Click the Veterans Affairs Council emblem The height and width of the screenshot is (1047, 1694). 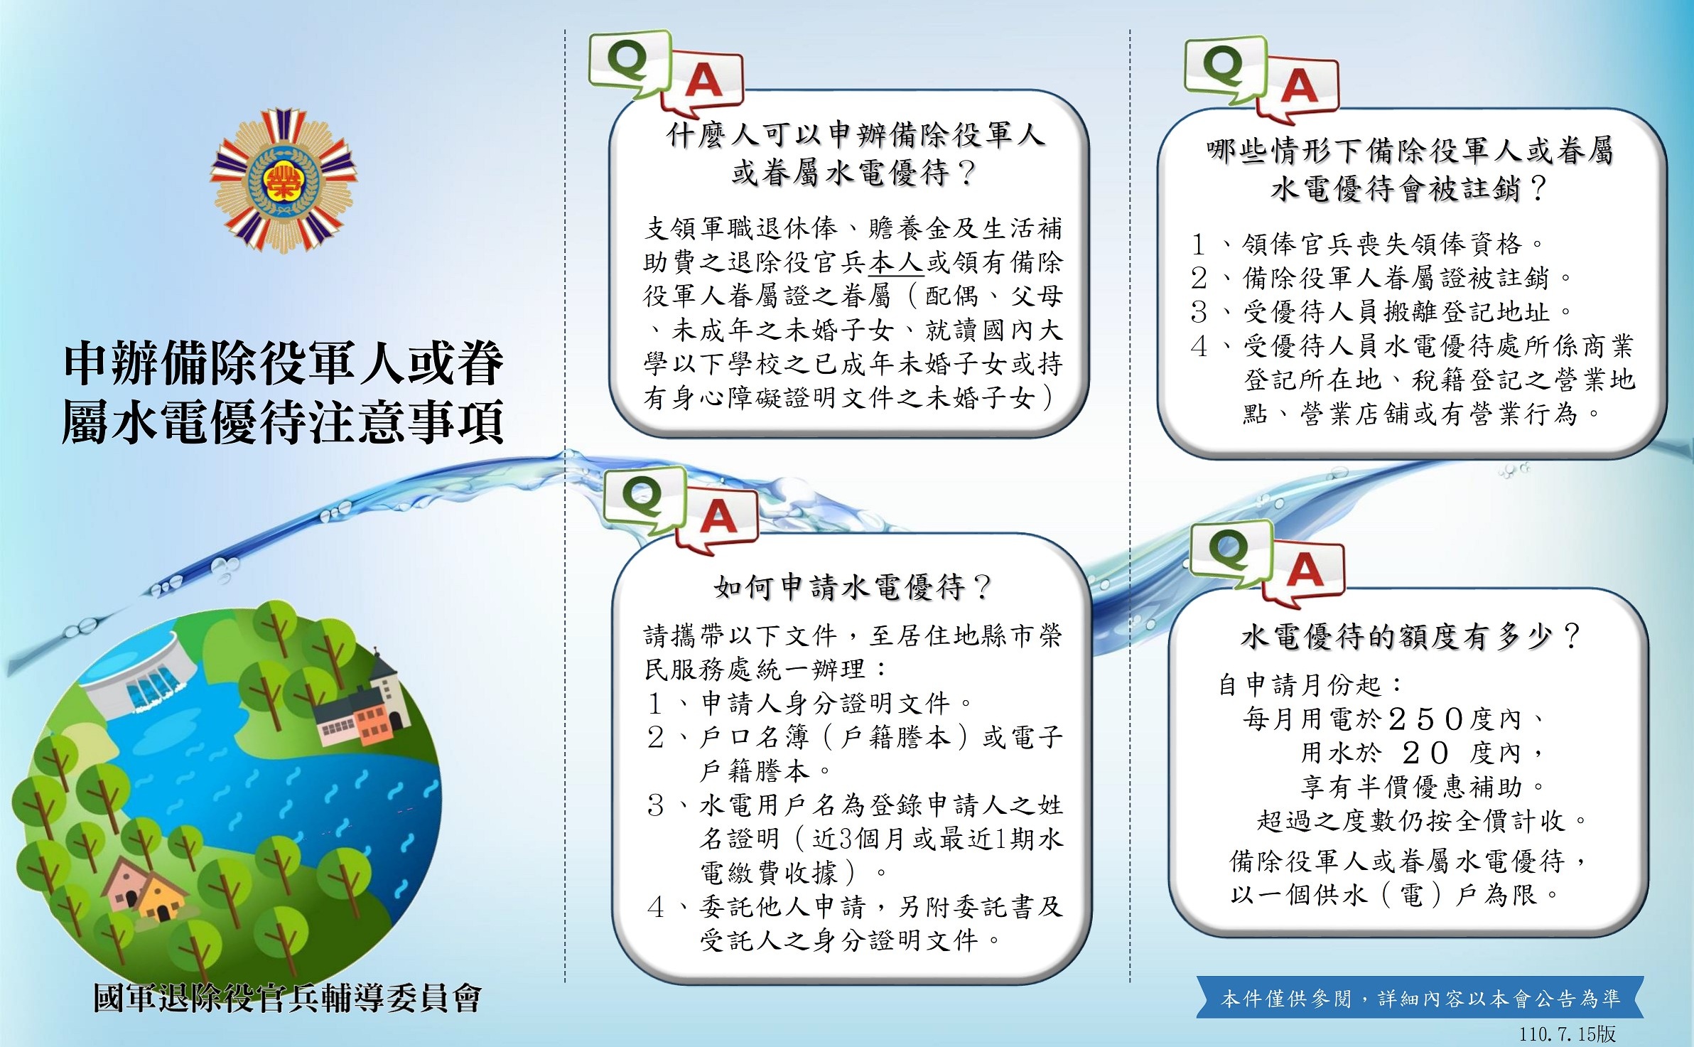(283, 181)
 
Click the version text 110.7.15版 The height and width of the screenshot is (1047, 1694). (1568, 1033)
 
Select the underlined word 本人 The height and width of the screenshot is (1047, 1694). (896, 262)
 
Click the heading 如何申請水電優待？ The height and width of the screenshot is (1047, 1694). (852, 587)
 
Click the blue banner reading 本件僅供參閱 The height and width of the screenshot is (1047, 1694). (1420, 997)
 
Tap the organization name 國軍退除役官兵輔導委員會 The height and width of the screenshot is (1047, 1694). (287, 998)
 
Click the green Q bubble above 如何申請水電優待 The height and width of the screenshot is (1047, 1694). (644, 500)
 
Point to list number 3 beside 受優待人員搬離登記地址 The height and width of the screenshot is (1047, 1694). (1199, 311)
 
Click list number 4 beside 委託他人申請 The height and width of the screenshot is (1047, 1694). (655, 907)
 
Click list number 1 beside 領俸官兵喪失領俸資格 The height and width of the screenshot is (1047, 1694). (1199, 244)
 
